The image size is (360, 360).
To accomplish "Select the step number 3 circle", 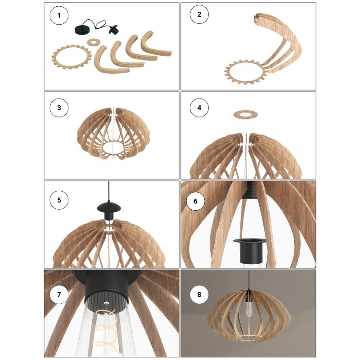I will click(59, 108).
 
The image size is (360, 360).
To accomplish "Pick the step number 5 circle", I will click(59, 199).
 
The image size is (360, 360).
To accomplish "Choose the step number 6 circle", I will click(195, 201).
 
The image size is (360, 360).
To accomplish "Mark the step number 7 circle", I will click(59, 295).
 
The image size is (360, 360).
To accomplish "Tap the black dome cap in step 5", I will click(108, 207).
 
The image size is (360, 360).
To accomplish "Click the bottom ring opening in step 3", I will click(110, 147).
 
